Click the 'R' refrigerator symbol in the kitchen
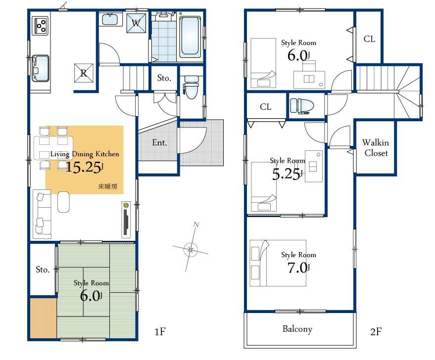tap(84, 73)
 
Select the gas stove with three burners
tap(41, 26)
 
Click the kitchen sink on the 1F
tap(41, 68)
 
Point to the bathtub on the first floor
tap(190, 37)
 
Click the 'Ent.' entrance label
tap(159, 143)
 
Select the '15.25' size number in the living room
tap(84, 167)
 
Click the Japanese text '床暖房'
tap(107, 187)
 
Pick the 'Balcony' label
tap(297, 329)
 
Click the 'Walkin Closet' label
tap(376, 148)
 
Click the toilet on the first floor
tap(191, 88)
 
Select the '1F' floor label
tap(159, 332)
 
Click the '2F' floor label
tap(375, 332)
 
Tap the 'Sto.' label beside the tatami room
tap(42, 270)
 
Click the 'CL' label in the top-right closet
tap(369, 39)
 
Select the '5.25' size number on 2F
tap(287, 174)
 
